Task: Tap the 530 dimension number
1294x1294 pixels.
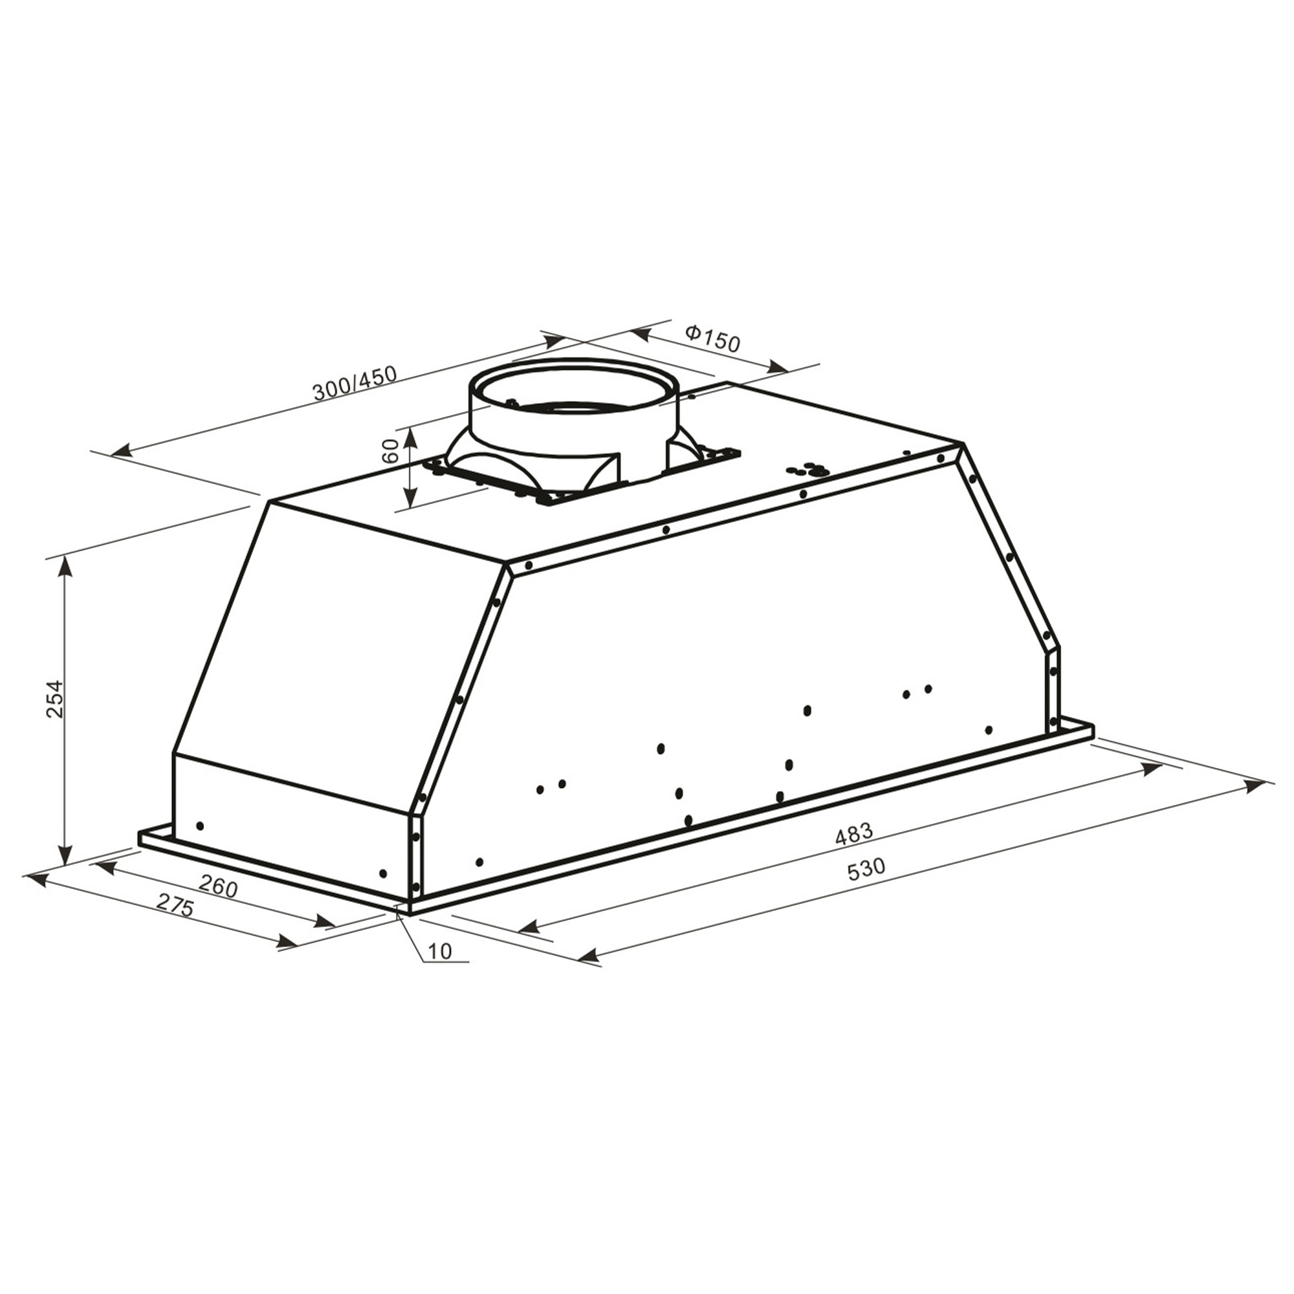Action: [866, 870]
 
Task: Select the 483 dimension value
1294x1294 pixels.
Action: [855, 833]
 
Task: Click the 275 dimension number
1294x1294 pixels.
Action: [175, 907]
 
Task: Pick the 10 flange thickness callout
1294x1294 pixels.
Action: [439, 950]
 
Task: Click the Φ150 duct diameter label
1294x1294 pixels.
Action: [712, 339]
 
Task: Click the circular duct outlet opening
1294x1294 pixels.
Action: [574, 391]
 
